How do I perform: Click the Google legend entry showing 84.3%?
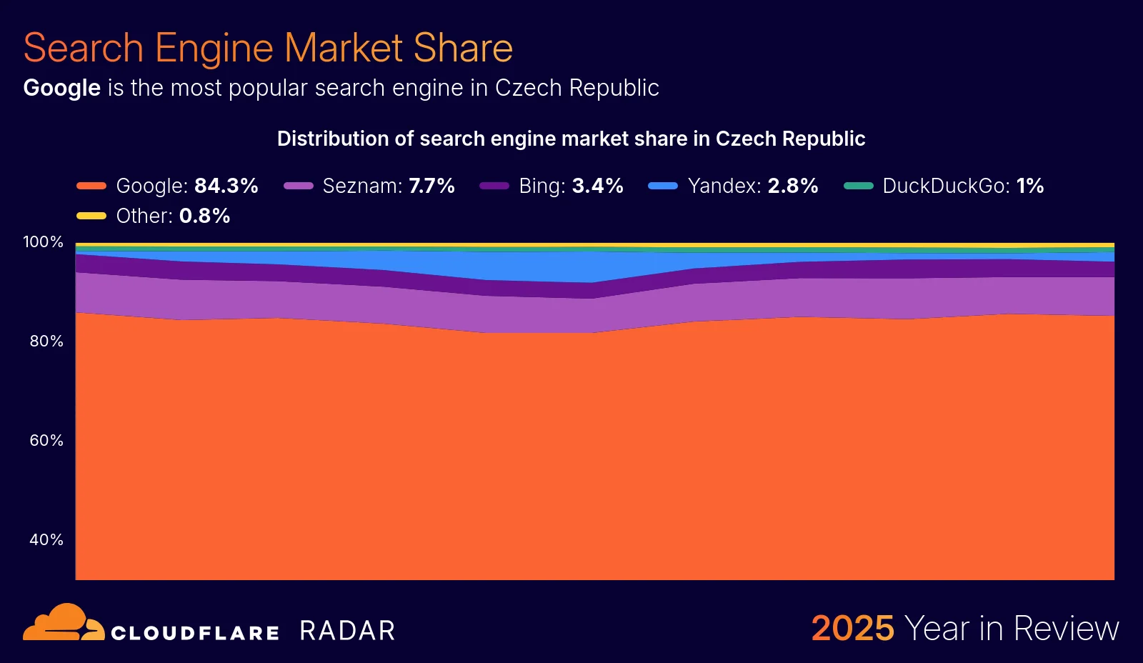[x=168, y=186]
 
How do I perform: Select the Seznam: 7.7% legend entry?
[x=369, y=186]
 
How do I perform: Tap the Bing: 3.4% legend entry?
[x=552, y=186]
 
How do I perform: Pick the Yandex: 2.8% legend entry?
[x=734, y=186]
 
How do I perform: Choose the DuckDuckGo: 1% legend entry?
[x=944, y=186]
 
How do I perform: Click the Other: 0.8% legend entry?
[x=154, y=216]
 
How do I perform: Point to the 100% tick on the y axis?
[x=43, y=242]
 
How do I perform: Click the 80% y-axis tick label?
[x=46, y=342]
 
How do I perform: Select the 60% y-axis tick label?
[x=46, y=441]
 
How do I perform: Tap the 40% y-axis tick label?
[x=46, y=540]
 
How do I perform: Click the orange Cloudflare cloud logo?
[x=63, y=623]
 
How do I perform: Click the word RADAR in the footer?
[x=347, y=631]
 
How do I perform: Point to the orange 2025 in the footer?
[x=852, y=629]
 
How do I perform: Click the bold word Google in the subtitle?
[x=61, y=88]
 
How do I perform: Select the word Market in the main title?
[x=344, y=49]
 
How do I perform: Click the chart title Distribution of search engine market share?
[x=571, y=139]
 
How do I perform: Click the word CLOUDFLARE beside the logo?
[x=195, y=633]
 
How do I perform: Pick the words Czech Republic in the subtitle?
[x=577, y=88]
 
